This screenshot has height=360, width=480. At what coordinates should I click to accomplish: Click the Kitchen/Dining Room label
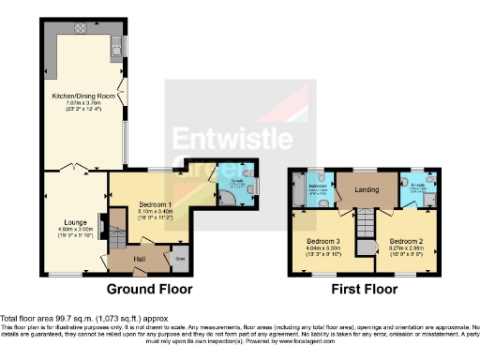82,96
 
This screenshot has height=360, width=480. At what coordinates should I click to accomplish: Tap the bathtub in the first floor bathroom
298,188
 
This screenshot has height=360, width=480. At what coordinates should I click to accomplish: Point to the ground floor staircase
116,230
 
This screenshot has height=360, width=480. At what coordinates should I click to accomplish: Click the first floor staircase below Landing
362,231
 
